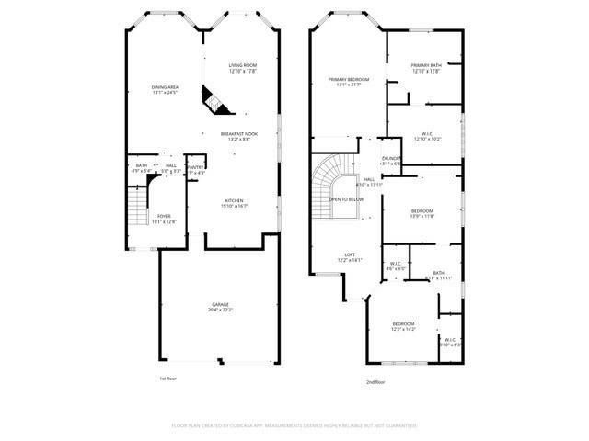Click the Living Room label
tap(242, 65)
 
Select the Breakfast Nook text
tap(238, 134)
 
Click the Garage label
tap(220, 304)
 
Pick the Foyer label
tap(163, 216)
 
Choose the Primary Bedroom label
tap(349, 80)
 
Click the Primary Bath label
tap(426, 65)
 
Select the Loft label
tap(350, 254)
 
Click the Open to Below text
tap(347, 199)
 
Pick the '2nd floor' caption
tap(375, 381)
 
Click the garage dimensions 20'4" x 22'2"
tap(220, 310)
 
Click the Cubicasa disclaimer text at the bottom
tap(294, 425)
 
